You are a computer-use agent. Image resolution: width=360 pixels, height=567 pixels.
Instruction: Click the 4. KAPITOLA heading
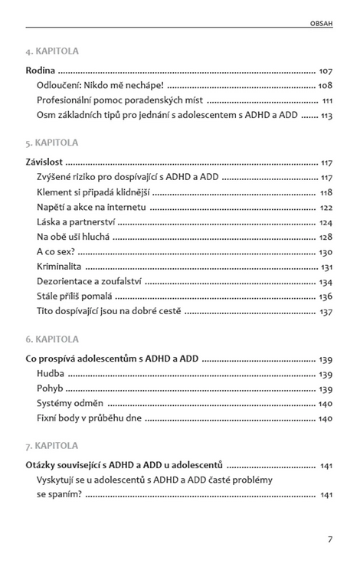coord(52,51)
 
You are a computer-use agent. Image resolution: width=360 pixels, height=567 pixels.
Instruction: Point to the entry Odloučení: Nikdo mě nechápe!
coord(100,86)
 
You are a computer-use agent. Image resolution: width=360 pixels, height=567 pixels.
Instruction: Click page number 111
coord(327,100)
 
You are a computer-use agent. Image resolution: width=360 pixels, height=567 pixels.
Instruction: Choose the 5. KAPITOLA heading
coord(52,143)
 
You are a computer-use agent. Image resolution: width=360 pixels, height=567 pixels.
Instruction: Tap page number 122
coord(326,208)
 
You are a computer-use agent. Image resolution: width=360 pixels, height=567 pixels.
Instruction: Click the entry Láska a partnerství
coord(75,222)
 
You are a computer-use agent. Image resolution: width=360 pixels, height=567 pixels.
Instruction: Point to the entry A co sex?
coord(55,252)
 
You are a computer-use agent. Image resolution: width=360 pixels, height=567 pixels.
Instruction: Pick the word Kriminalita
coord(59,267)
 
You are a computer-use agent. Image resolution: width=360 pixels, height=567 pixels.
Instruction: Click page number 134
coord(326,282)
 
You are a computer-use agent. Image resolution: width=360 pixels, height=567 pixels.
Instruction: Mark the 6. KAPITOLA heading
coord(52,339)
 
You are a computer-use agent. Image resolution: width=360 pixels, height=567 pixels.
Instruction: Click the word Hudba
coord(51,374)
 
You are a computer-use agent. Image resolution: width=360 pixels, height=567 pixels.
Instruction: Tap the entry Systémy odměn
coord(70,404)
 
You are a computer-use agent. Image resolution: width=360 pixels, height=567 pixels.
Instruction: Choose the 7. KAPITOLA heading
coord(52,445)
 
